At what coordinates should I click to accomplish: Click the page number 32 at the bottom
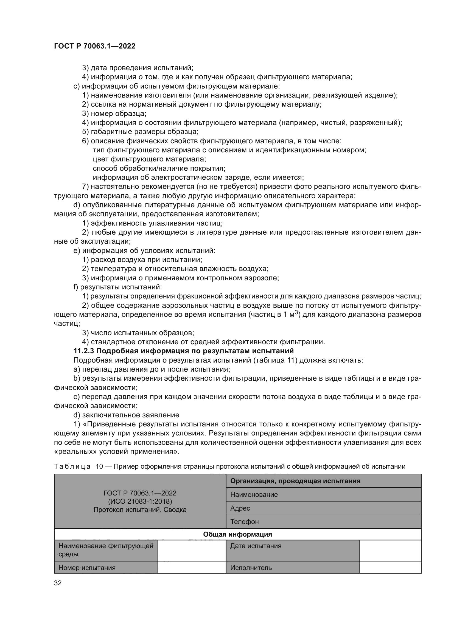coord(58,583)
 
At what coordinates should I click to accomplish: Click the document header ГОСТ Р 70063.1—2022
coord(94,46)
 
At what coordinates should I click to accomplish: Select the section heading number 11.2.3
coord(84,351)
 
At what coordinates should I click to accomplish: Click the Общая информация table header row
coord(237,534)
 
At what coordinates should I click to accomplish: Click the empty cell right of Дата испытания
coord(390,551)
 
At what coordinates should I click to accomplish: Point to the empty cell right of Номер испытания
coord(192,568)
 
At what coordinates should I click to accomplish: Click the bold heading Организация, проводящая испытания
coord(295,481)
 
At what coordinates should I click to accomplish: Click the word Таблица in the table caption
coord(72,466)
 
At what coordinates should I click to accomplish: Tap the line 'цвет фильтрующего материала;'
coord(149,159)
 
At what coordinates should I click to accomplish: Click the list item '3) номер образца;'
coord(114,114)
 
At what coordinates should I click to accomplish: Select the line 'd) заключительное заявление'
coord(126,415)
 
